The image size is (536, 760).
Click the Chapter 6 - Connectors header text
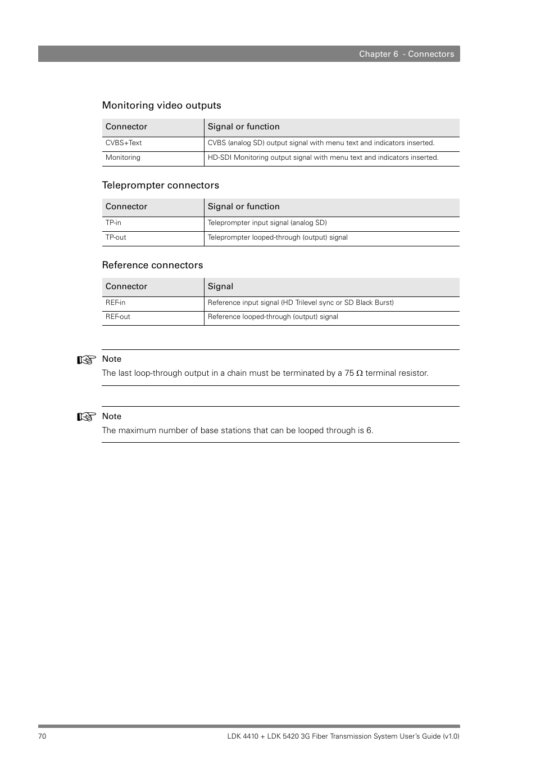coord(406,54)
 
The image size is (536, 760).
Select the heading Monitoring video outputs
coord(161,105)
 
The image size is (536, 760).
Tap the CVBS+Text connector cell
coord(124,143)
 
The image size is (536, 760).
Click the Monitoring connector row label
coord(123,158)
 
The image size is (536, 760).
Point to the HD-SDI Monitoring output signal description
coord(322,158)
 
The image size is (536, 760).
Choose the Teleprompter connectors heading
coord(160,185)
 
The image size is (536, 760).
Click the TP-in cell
coord(113,223)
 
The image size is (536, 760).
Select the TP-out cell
coord(116,237)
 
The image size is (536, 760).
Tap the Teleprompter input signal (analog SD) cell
coord(267,223)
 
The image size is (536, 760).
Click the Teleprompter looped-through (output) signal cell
coord(278,237)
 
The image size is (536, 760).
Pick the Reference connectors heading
coord(152,265)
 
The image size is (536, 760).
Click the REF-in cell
coord(115,303)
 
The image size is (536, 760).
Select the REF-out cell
coord(117,317)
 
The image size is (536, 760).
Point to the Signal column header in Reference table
coord(220,286)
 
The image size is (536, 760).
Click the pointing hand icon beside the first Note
coord(87,360)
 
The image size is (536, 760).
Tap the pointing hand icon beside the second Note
coord(87,417)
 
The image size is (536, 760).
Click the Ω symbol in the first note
coord(360,373)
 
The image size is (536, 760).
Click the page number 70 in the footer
coord(42,736)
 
